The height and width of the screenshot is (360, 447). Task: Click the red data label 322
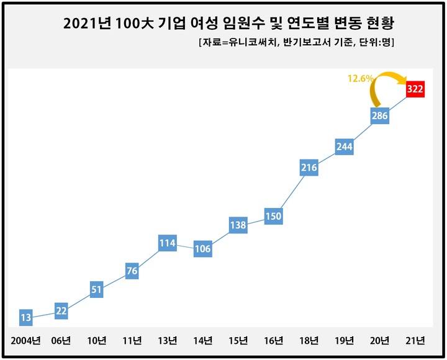coord(415,89)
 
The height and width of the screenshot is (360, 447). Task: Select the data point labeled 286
coord(379,116)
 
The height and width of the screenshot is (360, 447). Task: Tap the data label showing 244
coord(344,146)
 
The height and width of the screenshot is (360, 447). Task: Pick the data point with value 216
coord(309,167)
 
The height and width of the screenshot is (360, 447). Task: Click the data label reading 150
coord(273,216)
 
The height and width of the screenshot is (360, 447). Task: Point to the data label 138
coord(238,225)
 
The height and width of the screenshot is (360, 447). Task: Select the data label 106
coord(202,249)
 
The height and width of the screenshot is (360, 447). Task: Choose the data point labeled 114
coord(167,243)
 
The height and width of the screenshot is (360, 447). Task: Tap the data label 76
coord(132,271)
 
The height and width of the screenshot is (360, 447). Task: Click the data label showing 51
coord(96,289)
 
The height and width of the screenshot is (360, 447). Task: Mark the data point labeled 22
coord(61,311)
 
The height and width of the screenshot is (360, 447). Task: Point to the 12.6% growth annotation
coord(359,78)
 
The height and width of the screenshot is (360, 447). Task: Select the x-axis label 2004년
coord(25,341)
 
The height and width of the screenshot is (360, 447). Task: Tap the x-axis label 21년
coord(415,341)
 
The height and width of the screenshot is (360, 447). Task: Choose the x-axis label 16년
coord(273,341)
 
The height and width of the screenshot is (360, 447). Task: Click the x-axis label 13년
coord(167,341)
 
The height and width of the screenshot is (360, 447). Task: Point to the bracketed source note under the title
coord(296,43)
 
